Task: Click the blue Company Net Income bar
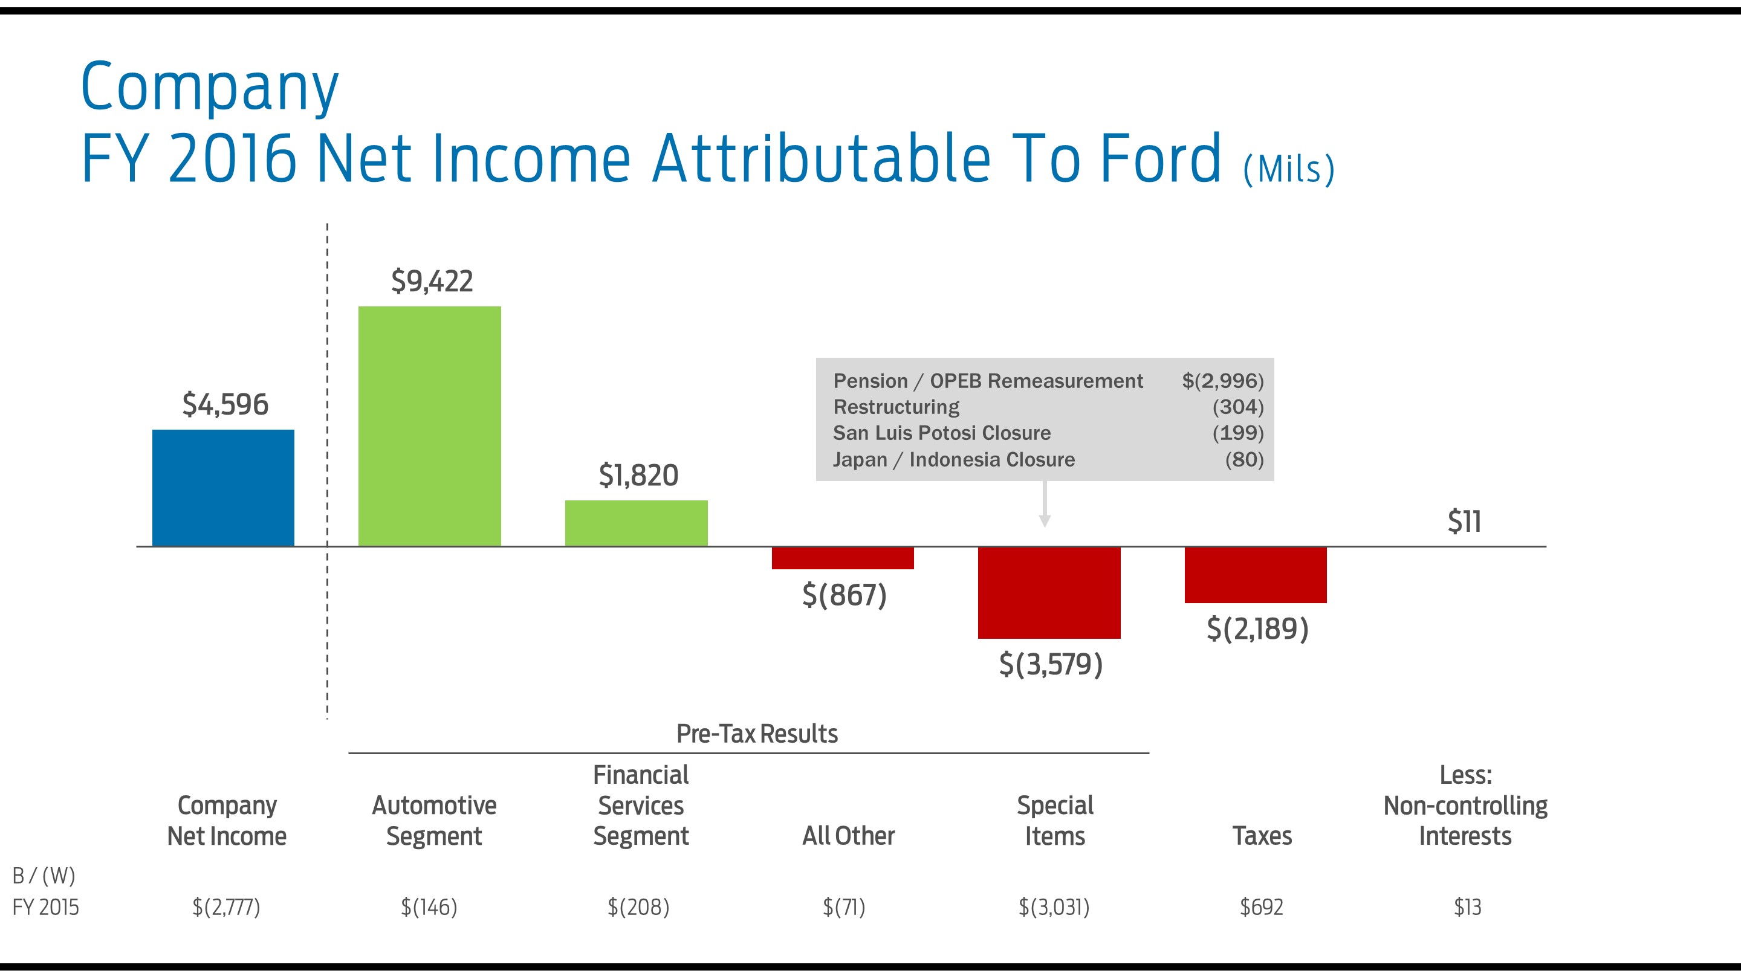(223, 488)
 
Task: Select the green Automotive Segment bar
(429, 426)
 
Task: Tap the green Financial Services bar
(636, 523)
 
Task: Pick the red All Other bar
(842, 558)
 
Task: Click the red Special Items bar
(1049, 592)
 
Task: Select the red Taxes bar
(1255, 575)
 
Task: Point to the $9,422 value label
(432, 281)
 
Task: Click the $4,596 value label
(225, 404)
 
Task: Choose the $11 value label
(1464, 522)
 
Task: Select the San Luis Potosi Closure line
(941, 433)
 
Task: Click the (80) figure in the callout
(1243, 459)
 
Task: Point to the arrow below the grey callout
(1044, 507)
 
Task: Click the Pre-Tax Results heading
(756, 734)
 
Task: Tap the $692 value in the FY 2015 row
(1261, 906)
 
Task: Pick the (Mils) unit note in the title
(1288, 169)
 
